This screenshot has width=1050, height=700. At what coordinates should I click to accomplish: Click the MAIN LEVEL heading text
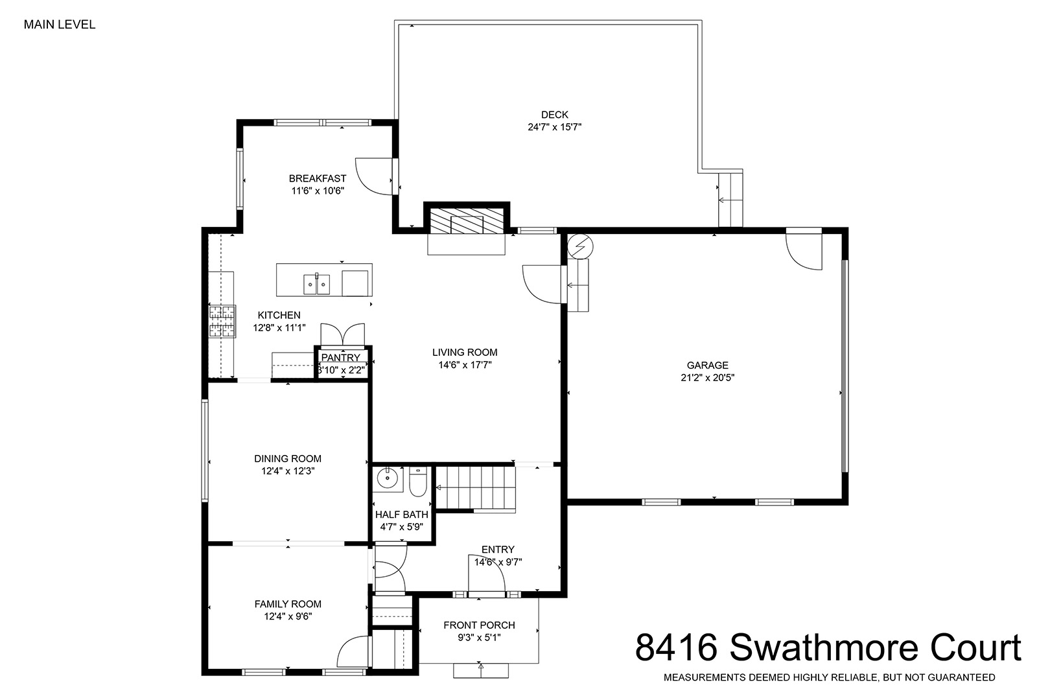[x=60, y=25]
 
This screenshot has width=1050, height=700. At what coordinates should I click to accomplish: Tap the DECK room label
[x=555, y=115]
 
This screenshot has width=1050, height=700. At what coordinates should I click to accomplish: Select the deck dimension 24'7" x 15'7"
[x=555, y=127]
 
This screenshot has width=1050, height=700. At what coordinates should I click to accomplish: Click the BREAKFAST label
[x=318, y=179]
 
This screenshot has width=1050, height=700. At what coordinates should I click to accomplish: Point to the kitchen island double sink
[x=317, y=284]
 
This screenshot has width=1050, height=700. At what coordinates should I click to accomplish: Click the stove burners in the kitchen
[x=222, y=321]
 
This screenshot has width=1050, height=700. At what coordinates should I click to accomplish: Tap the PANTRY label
[x=341, y=358]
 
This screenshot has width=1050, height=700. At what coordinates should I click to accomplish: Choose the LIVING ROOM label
[x=465, y=353]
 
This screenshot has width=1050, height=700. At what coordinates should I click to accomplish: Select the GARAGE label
[x=707, y=366]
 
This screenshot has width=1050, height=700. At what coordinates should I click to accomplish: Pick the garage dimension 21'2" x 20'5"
[x=707, y=378]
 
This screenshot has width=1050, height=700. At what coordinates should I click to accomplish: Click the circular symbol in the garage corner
[x=580, y=246]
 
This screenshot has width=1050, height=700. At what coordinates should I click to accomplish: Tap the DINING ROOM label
[x=288, y=459]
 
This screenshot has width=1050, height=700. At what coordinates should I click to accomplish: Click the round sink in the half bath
[x=388, y=478]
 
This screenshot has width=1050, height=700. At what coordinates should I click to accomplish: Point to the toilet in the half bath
[x=417, y=482]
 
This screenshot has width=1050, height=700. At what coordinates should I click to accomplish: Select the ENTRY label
[x=498, y=550]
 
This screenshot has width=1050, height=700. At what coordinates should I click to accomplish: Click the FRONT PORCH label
[x=479, y=625]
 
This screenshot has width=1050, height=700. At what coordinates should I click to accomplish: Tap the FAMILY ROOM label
[x=288, y=604]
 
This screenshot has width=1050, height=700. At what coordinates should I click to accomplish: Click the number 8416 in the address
[x=676, y=647]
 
